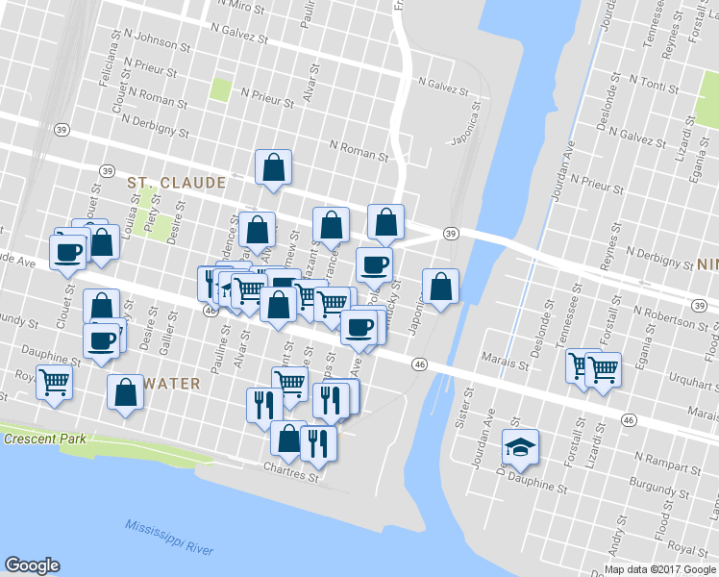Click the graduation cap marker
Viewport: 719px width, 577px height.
pyautogui.click(x=520, y=446)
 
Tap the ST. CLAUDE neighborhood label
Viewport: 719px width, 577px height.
pyautogui.click(x=176, y=183)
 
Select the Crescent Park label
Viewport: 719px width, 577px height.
pyautogui.click(x=44, y=439)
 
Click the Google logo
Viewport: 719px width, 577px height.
pyautogui.click(x=32, y=565)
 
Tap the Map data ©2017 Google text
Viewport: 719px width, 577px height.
pyautogui.click(x=660, y=568)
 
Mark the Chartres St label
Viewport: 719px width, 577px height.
pyautogui.click(x=290, y=474)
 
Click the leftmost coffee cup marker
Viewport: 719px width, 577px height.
pyautogui.click(x=68, y=253)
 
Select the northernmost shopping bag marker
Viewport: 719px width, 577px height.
pyautogui.click(x=274, y=167)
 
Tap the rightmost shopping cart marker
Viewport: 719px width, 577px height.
pyautogui.click(x=603, y=367)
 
